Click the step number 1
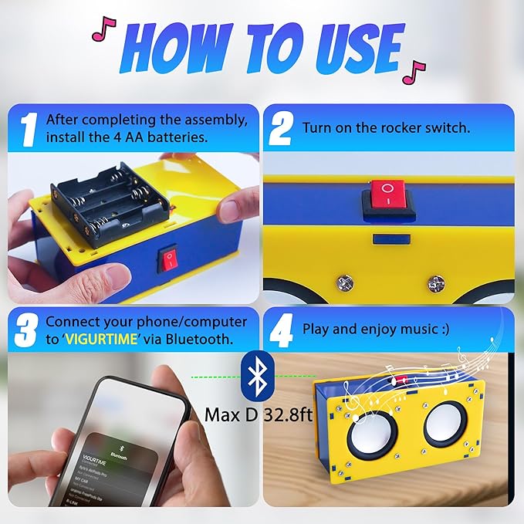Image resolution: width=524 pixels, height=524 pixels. [x=28, y=130]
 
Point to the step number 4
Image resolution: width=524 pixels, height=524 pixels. [x=281, y=330]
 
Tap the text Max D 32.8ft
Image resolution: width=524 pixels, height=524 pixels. [x=259, y=414]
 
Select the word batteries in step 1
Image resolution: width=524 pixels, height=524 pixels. [x=184, y=137]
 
